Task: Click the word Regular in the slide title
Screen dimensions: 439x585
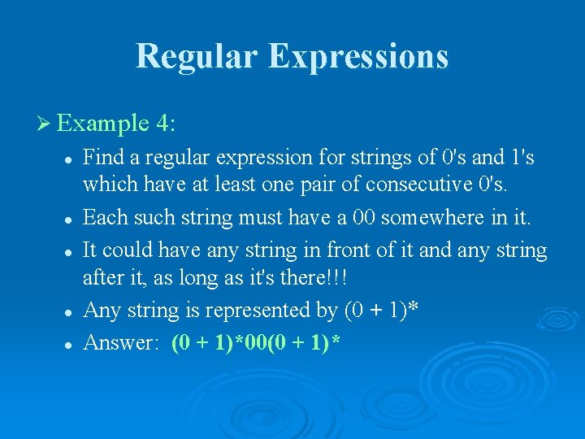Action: [x=196, y=56]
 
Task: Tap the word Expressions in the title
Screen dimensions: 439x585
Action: [x=358, y=56]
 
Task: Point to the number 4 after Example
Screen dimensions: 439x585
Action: [x=165, y=124]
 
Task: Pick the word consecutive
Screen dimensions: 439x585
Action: [x=421, y=185]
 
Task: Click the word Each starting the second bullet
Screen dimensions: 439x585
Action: [x=102, y=217]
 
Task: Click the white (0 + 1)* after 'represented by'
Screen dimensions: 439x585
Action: [x=382, y=311]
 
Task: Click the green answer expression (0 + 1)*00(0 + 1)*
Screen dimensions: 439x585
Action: [x=256, y=342]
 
